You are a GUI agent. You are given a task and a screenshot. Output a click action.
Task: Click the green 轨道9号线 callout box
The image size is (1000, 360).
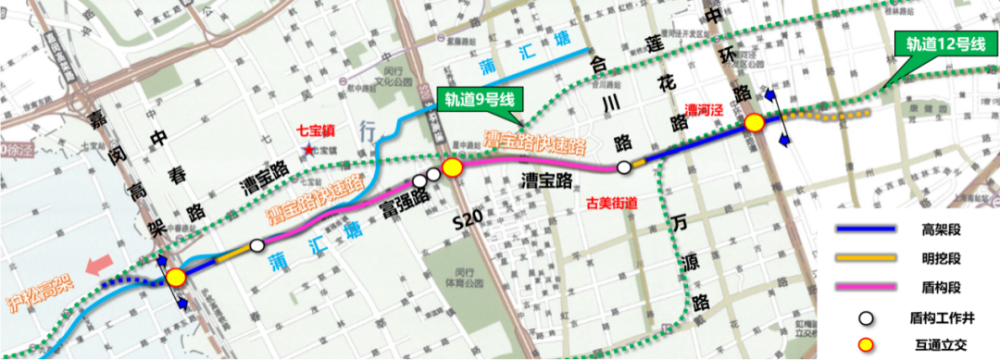pos(477,99)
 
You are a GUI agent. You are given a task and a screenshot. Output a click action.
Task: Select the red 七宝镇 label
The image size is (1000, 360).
pos(315,131)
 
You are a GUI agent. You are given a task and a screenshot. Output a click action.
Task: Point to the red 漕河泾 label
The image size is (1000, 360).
pos(703,111)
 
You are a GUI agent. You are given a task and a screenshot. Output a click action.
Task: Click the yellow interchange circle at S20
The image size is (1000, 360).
pos(452,167)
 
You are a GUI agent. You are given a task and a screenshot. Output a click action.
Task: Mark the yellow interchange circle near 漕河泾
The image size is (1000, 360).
pos(754,123)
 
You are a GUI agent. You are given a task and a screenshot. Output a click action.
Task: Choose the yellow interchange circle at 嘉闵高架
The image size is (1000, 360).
pos(177,277)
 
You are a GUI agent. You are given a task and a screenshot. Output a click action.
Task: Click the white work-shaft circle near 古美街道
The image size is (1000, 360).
pos(624,167)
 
